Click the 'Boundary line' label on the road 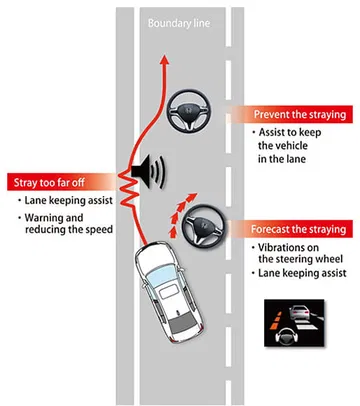click(179, 23)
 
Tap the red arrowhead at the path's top click(165, 59)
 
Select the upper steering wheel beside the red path click(189, 110)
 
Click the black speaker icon click(148, 172)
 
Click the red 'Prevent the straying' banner click(290, 114)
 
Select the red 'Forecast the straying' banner click(290, 229)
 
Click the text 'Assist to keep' click(290, 132)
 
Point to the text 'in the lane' click(282, 159)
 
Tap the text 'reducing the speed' click(69, 230)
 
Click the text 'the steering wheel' click(301, 259)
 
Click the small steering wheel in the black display click(286, 336)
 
